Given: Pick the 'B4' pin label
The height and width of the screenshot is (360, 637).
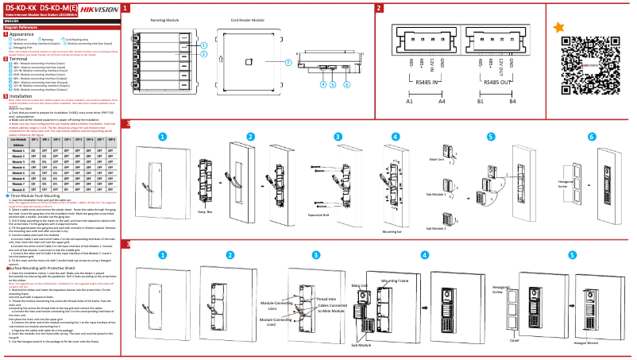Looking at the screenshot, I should tap(512, 102).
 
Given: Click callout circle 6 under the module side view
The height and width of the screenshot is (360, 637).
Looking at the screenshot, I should tap(347, 83).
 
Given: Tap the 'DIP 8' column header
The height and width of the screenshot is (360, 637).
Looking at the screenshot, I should tap(112, 139).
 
